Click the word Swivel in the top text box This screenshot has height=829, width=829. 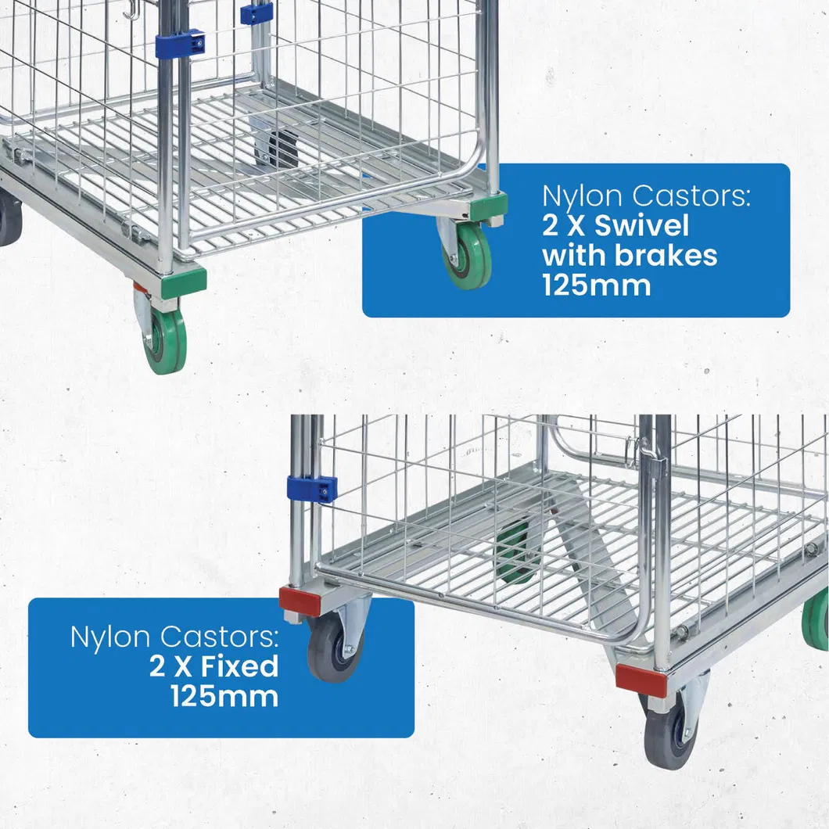point(642,226)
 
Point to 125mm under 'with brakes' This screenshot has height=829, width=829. point(596,285)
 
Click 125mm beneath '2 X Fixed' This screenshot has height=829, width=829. point(224,695)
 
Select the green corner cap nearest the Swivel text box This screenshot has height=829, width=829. point(487,206)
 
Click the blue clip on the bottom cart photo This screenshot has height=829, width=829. point(312,489)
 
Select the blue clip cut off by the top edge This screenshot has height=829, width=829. point(257,13)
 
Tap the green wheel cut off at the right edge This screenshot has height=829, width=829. point(817,619)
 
